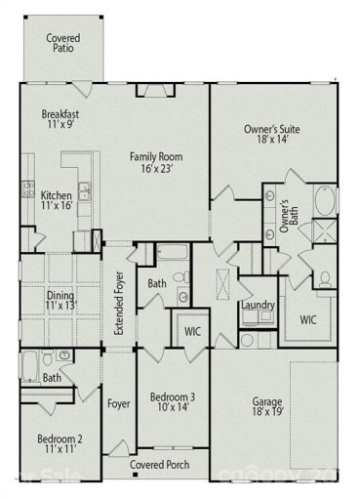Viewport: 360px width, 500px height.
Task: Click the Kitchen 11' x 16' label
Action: [56, 201]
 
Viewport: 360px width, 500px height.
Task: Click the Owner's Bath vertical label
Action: [285, 215]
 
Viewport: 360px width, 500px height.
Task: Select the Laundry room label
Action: [258, 306]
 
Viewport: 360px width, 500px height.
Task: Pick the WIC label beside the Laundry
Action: [308, 319]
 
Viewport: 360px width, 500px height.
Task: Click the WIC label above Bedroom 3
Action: [192, 330]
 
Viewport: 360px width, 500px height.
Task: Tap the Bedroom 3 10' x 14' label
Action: [171, 403]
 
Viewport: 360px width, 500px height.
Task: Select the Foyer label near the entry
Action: [119, 403]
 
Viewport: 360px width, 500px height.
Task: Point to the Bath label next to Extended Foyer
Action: [157, 284]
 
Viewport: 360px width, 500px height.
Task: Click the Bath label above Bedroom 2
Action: [52, 378]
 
